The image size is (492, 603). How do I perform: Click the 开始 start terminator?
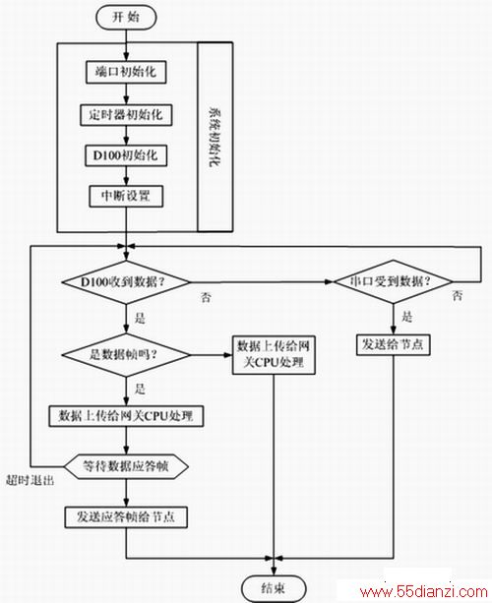[126, 18]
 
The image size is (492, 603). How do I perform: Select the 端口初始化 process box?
[126, 72]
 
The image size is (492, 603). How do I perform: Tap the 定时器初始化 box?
[126, 115]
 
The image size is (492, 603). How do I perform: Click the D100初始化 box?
[126, 155]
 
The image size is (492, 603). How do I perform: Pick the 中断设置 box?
[126, 196]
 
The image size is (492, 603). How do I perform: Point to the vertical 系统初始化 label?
[215, 137]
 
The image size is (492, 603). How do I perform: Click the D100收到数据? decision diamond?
[126, 282]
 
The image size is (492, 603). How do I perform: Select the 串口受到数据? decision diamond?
[394, 281]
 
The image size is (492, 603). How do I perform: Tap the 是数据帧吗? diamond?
[126, 354]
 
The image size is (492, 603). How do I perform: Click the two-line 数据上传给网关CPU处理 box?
[274, 355]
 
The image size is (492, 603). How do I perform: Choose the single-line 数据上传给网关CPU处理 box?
[126, 416]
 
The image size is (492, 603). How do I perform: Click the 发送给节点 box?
[394, 345]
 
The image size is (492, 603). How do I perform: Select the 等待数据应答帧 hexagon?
[126, 466]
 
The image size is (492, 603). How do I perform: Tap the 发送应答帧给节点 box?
[126, 517]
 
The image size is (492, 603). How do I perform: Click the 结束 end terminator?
[274, 588]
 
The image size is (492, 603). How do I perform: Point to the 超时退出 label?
[30, 480]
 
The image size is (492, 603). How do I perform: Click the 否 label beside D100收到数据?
[207, 297]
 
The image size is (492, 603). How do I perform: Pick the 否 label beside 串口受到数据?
[458, 296]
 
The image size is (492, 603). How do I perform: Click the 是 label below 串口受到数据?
[407, 317]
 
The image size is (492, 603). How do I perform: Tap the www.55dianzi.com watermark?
[424, 591]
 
